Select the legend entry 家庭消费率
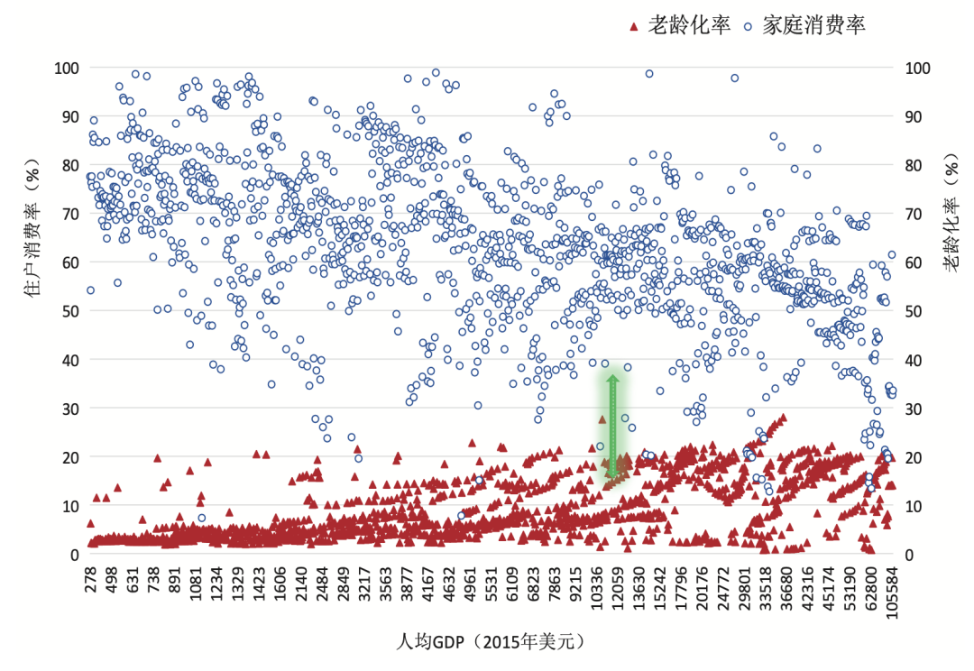(x=814, y=25)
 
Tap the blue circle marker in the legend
(x=749, y=26)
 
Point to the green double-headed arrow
(x=612, y=426)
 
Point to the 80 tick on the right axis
(x=915, y=165)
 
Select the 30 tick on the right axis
(x=915, y=409)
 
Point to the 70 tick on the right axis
(x=915, y=214)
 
